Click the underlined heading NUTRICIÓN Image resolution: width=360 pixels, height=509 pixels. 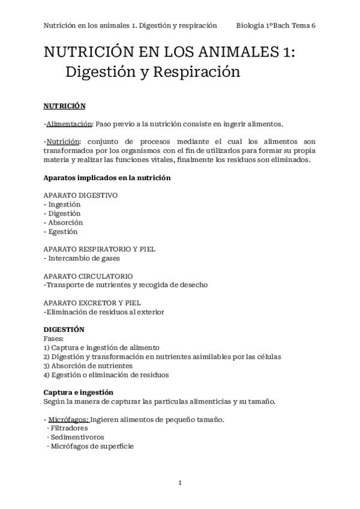pyautogui.click(x=64, y=106)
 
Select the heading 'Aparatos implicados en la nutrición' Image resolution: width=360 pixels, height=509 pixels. pyautogui.click(x=107, y=178)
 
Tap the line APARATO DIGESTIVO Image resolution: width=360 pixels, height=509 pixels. pyautogui.click(x=80, y=195)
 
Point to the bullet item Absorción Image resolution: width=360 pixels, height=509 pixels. pyautogui.click(x=64, y=222)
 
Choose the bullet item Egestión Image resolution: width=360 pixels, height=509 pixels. pyautogui.click(x=62, y=231)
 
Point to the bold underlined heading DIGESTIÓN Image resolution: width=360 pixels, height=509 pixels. pyautogui.click(x=64, y=330)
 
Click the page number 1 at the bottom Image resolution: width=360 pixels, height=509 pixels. pyautogui.click(x=180, y=483)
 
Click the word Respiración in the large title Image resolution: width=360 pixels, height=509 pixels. pyautogui.click(x=197, y=72)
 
